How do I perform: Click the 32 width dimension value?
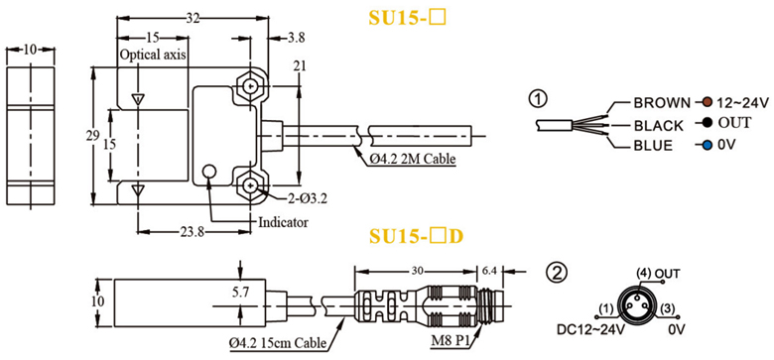[193, 19]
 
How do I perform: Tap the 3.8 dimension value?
[296, 38]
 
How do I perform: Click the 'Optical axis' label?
[153, 55]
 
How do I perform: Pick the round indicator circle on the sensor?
[209, 172]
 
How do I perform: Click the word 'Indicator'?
[284, 222]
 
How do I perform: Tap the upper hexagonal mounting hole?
[251, 88]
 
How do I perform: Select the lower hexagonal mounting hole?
[251, 185]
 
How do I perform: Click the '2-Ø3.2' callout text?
[307, 198]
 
